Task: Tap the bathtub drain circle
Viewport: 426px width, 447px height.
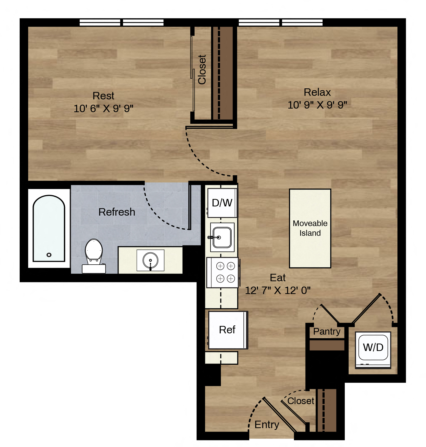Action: tap(49, 255)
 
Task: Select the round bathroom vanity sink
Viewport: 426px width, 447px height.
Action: tap(150, 261)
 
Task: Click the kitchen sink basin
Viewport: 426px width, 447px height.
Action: tap(222, 238)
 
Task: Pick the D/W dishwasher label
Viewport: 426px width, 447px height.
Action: tap(222, 203)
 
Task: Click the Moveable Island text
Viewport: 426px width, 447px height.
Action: tap(310, 228)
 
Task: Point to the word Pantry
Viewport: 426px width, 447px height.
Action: tap(327, 331)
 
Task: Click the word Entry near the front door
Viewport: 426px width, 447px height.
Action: tap(267, 425)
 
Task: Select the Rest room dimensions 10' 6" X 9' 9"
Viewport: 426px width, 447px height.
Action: tap(103, 109)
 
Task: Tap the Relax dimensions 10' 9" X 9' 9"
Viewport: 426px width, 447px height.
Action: tap(317, 105)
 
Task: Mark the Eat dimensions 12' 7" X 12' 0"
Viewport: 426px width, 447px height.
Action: tap(278, 290)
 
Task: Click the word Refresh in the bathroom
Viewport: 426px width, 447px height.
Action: tap(117, 212)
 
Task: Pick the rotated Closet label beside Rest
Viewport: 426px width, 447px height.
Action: tap(202, 69)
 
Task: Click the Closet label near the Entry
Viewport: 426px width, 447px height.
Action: tap(301, 401)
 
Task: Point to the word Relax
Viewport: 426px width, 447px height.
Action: tap(317, 92)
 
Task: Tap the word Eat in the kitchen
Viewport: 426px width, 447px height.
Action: tap(278, 278)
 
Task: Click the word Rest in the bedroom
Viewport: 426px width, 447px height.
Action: tap(103, 96)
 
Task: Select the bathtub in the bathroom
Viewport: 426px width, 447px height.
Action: tap(49, 228)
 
